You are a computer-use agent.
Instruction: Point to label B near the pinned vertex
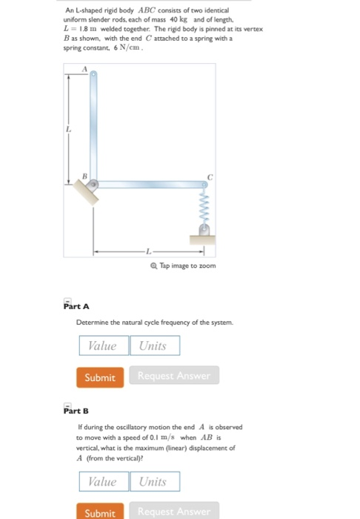(84, 176)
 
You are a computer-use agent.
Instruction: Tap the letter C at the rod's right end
(210, 177)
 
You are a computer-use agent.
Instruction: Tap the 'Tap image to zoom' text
(181, 265)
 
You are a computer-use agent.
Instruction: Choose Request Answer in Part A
(174, 377)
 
